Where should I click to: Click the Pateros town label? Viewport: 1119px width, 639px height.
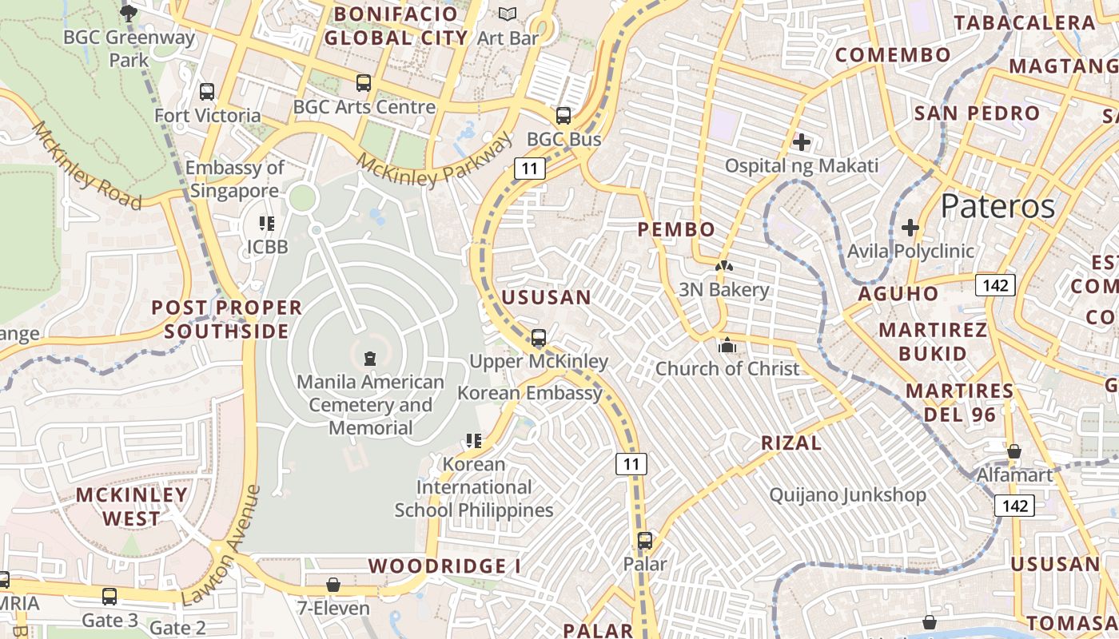(x=998, y=206)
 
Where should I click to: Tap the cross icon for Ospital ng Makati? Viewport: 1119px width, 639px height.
(x=802, y=143)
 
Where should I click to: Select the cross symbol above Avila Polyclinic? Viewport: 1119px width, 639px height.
(x=910, y=228)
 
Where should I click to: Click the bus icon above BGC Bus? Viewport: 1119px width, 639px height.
(x=563, y=116)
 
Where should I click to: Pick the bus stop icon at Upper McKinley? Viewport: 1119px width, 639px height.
(x=539, y=338)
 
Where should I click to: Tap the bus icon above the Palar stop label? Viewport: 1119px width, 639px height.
(x=645, y=541)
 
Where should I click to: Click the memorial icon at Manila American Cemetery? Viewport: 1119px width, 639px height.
(x=369, y=359)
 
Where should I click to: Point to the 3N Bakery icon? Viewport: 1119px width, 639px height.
(x=723, y=267)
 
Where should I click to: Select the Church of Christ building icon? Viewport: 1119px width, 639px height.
(x=727, y=346)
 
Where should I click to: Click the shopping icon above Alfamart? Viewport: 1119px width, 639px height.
(x=1013, y=452)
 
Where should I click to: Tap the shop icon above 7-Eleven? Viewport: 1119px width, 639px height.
(x=333, y=585)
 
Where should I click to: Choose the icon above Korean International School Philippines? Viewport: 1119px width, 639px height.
(x=473, y=441)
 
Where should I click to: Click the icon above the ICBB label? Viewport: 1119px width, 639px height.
(x=266, y=224)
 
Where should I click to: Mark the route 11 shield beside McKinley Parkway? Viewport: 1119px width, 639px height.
(x=530, y=169)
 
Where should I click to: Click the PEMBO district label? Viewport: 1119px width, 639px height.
(x=676, y=230)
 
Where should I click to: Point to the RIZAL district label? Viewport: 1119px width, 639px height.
(x=791, y=443)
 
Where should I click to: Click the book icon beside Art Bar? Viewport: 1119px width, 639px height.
(x=508, y=14)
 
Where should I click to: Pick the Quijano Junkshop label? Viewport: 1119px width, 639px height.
(x=847, y=495)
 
